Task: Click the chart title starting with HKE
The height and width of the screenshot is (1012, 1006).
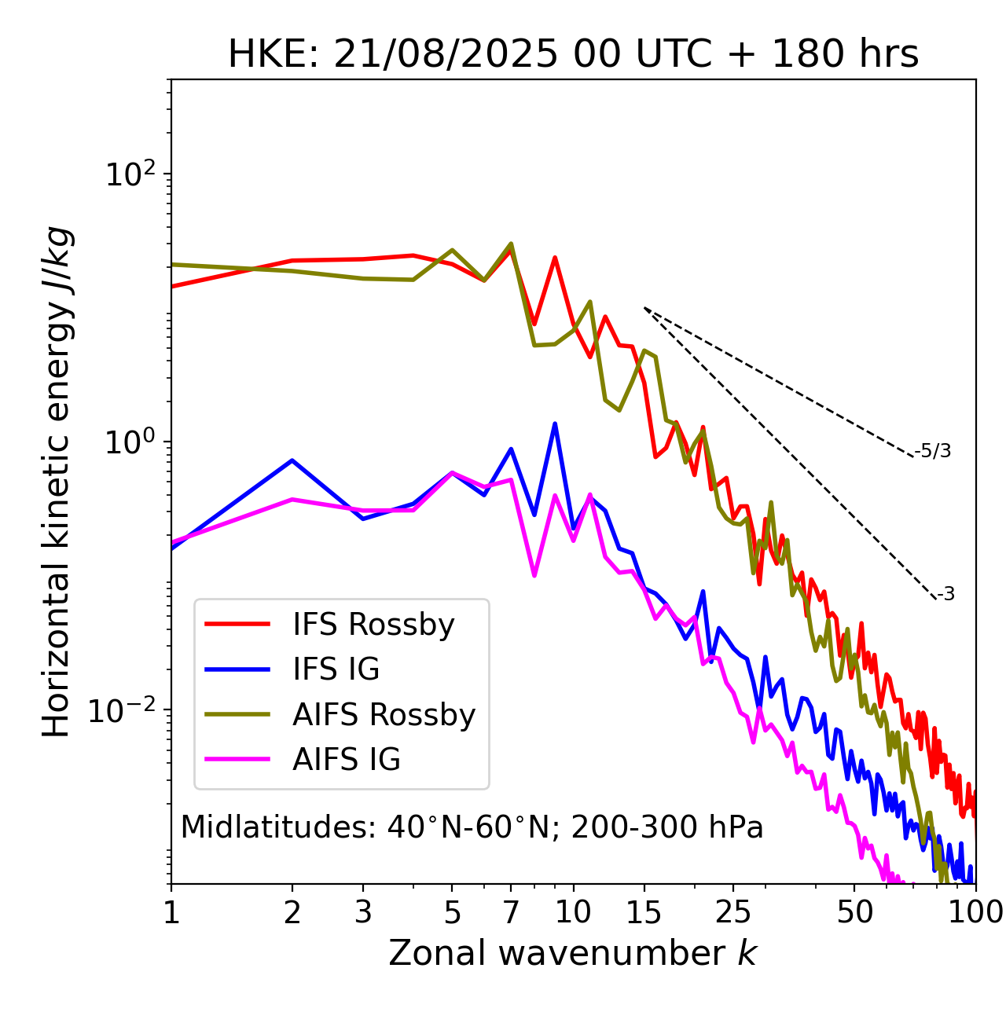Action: coord(573,54)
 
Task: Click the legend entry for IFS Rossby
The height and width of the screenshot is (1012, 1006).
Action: coord(373,625)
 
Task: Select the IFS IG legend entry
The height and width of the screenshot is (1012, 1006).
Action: coord(336,669)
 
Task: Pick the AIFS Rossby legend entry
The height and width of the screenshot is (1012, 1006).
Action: coord(384,715)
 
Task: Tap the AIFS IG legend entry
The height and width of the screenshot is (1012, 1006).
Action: coord(347,760)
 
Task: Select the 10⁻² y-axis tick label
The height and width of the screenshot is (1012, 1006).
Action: coord(126,709)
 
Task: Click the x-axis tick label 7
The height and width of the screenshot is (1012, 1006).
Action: coord(511,912)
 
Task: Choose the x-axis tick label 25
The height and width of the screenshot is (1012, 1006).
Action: coord(733,912)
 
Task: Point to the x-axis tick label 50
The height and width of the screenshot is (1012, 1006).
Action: coord(854,912)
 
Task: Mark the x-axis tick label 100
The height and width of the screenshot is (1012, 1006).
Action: coord(975,912)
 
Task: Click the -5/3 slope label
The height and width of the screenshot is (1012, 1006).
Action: coord(933,452)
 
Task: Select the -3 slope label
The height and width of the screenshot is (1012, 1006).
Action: coord(945,595)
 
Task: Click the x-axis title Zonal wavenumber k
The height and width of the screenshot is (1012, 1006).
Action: coord(573,953)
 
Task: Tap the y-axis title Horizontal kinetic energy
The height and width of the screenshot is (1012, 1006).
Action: coord(57,482)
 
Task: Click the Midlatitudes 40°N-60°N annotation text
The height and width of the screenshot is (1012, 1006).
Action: coord(472,827)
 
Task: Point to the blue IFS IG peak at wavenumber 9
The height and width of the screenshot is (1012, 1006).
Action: coord(555,424)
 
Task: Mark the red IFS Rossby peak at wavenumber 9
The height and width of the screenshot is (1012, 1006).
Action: coord(555,258)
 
